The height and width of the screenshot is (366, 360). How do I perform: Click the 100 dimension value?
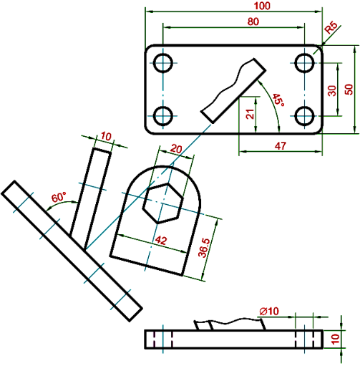262,6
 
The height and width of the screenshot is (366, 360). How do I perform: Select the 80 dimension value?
253,21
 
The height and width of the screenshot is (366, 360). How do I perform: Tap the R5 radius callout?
331,28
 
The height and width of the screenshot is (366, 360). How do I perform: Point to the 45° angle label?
278,100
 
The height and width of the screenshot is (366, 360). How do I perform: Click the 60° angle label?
59,197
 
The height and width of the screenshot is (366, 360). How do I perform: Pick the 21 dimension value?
250,114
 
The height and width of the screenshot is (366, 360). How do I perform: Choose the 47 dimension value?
280,145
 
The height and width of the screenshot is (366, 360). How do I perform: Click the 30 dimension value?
331,91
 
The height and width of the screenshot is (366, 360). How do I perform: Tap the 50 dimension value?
349,90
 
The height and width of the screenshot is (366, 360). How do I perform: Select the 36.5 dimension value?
204,248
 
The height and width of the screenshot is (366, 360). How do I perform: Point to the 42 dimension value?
161,240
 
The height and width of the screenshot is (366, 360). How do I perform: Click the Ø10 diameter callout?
269,311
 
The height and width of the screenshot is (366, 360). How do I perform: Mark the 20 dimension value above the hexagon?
176,149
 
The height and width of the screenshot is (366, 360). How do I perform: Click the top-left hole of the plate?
163,63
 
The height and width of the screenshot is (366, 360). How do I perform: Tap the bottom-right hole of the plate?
304,116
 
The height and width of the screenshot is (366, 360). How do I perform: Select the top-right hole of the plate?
304,63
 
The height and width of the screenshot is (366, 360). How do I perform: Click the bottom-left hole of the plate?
163,116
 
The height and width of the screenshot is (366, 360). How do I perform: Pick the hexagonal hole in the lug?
163,203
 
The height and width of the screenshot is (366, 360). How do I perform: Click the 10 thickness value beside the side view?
336,339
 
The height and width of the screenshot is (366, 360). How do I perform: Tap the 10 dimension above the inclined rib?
106,136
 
